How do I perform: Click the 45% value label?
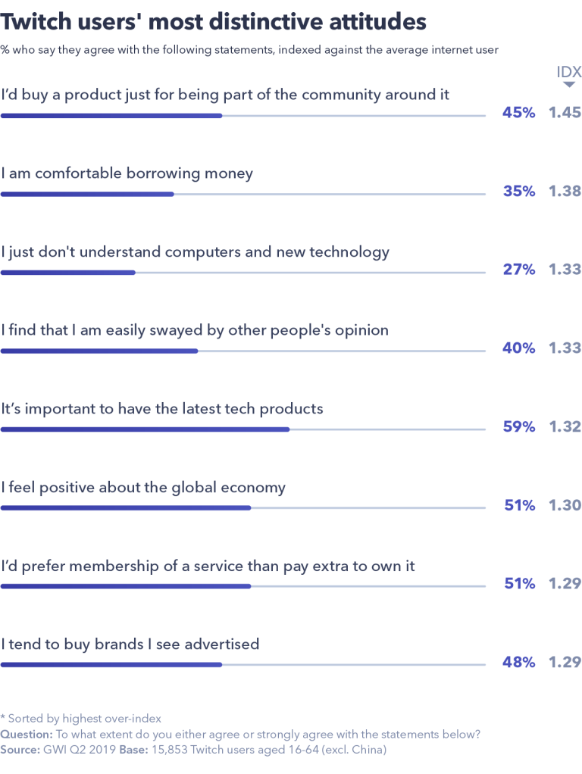(519, 113)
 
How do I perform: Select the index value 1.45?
(565, 113)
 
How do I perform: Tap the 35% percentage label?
(519, 192)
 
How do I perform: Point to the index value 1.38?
(565, 192)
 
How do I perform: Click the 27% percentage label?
(519, 270)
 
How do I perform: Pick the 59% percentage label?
(519, 427)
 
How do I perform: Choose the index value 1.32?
(565, 427)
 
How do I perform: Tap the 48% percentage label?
(519, 663)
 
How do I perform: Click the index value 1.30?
(565, 505)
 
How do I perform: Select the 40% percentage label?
(519, 348)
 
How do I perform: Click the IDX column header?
(568, 73)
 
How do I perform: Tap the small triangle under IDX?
(568, 85)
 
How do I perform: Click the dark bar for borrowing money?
(87, 194)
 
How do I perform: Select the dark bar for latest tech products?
(145, 429)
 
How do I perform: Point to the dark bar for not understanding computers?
(68, 273)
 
